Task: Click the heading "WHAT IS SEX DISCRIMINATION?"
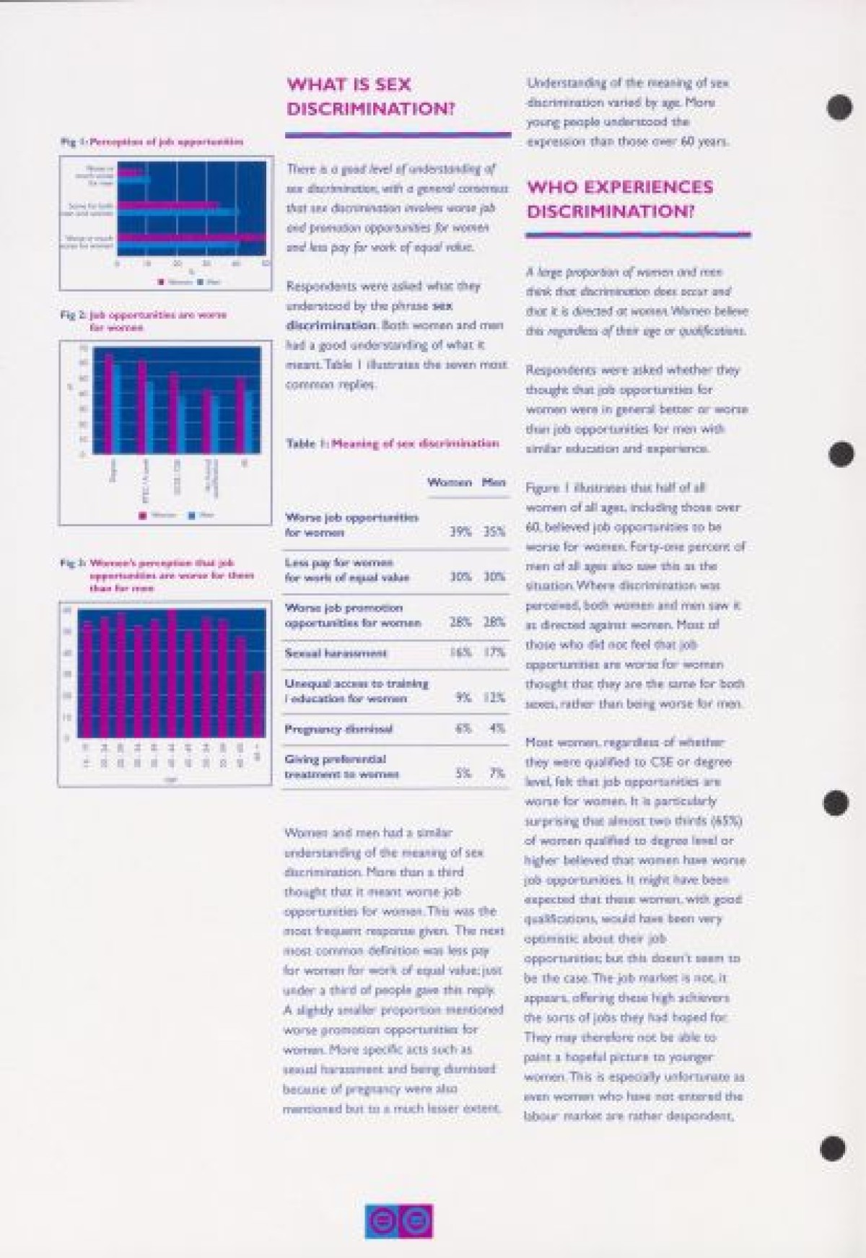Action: pos(371,97)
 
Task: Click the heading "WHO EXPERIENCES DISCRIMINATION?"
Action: pos(619,199)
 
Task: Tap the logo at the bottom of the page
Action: pos(398,1221)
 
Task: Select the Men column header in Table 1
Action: pos(494,482)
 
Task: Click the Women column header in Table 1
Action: pos(449,482)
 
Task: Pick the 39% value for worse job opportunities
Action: pos(460,533)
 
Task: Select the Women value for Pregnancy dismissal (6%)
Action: pos(463,729)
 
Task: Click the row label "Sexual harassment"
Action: pos(336,653)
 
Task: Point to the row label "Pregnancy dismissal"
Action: pos(338,729)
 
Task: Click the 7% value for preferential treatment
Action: pos(497,774)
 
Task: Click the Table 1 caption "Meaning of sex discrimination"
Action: pos(415,443)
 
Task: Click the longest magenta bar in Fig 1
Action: pos(192,237)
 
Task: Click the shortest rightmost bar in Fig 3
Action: pos(257,704)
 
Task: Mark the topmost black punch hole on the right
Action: pos(836,108)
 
